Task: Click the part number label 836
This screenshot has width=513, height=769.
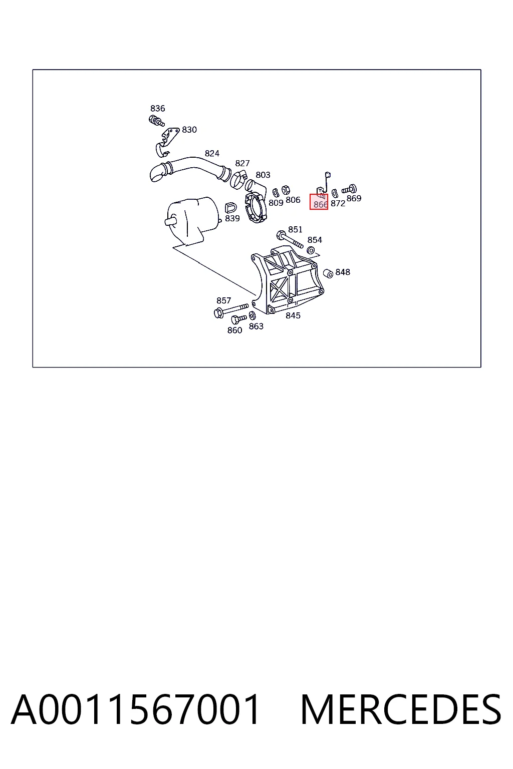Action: tap(157, 109)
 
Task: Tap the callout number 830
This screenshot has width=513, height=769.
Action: tap(189, 130)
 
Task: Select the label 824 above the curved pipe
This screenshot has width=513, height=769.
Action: tap(212, 154)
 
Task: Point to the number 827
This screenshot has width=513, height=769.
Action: tap(242, 163)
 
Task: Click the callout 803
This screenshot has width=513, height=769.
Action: tap(263, 175)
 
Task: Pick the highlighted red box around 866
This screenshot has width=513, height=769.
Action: tap(319, 202)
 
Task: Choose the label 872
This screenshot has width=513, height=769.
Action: tap(338, 204)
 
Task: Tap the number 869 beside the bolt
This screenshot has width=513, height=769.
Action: tap(354, 198)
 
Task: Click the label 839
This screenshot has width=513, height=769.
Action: tap(232, 218)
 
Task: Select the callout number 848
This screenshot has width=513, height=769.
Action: tap(343, 272)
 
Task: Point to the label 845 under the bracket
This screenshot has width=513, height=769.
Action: tap(293, 315)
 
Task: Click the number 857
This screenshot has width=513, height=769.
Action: tap(223, 301)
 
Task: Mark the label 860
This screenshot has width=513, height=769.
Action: tap(234, 330)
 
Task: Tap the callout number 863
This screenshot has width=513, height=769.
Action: tap(256, 326)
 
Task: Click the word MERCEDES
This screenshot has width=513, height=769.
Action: tap(401, 709)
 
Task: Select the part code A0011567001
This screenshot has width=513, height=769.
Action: tap(135, 709)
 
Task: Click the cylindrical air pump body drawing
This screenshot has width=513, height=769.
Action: tap(192, 220)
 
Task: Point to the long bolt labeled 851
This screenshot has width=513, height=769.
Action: tap(290, 239)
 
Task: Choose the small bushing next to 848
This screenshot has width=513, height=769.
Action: tap(328, 274)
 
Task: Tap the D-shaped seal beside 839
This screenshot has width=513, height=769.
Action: tap(230, 208)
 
